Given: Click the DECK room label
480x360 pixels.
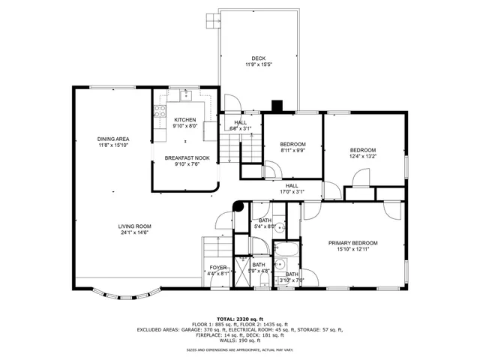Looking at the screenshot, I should (x=258, y=58).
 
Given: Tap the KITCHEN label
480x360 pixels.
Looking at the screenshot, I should (x=185, y=120).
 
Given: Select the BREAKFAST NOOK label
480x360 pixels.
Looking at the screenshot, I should (x=187, y=158).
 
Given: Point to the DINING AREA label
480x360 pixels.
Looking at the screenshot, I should (x=113, y=139).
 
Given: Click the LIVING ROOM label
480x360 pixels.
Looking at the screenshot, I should (x=134, y=226).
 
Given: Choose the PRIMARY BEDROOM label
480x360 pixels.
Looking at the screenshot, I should (x=352, y=243).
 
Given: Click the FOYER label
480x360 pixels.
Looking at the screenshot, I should (x=218, y=268).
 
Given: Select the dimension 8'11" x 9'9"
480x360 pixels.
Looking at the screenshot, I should (x=292, y=150).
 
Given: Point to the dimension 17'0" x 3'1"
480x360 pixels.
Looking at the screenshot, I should (x=292, y=191).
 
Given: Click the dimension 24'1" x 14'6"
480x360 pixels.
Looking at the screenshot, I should (x=134, y=232).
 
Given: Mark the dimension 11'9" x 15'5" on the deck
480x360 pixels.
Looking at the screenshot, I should (x=258, y=64).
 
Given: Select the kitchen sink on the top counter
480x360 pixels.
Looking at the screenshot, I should (x=185, y=94).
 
